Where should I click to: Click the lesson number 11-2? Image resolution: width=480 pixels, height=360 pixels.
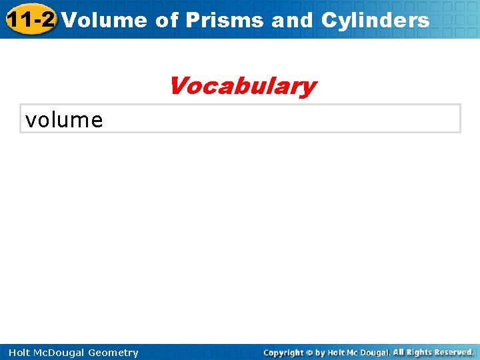click(x=30, y=19)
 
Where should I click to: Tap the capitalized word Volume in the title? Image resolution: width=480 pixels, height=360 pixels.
click(x=105, y=20)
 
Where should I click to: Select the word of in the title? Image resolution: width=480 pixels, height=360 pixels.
click(x=167, y=20)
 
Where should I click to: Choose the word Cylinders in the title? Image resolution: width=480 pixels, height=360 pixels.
click(x=375, y=20)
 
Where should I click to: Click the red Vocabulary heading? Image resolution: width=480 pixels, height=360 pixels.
click(x=242, y=86)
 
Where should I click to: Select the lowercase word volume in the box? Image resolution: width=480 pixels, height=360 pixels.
click(x=64, y=120)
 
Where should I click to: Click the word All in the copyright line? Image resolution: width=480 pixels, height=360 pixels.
click(x=399, y=353)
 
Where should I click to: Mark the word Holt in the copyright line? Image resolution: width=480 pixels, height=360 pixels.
click(x=338, y=353)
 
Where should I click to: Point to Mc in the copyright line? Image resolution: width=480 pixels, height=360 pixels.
click(x=355, y=353)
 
